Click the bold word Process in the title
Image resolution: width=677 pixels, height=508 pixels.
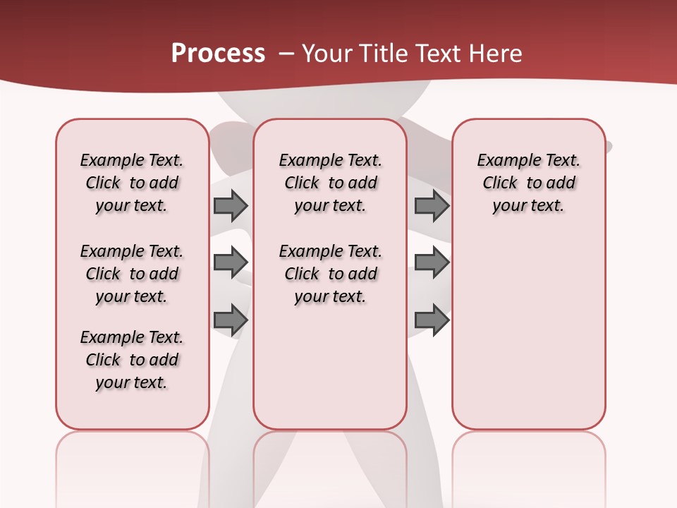point(218,54)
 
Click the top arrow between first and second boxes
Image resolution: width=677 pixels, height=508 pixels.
point(231,205)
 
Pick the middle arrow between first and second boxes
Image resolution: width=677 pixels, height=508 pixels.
point(231,262)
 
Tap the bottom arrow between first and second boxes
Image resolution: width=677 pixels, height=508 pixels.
point(231,320)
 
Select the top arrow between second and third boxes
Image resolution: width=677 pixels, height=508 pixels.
point(432,205)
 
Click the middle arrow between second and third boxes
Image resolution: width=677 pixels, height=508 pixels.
point(432,262)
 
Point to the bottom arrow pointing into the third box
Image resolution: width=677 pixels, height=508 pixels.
point(432,320)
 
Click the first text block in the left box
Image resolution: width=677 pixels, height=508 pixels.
point(132,183)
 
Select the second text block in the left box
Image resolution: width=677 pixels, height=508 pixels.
point(132,274)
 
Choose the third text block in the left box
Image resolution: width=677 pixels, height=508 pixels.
point(132,360)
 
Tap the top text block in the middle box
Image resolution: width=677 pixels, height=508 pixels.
point(330,183)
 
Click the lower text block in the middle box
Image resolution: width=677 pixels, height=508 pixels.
point(330,274)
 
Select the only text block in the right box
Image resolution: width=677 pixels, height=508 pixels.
point(528,183)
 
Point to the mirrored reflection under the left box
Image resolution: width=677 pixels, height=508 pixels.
point(132,466)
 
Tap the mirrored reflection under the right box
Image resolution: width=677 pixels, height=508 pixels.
point(528,466)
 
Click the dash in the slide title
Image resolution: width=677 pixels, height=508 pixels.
point(286,54)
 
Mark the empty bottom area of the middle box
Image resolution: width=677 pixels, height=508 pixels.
point(330,374)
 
